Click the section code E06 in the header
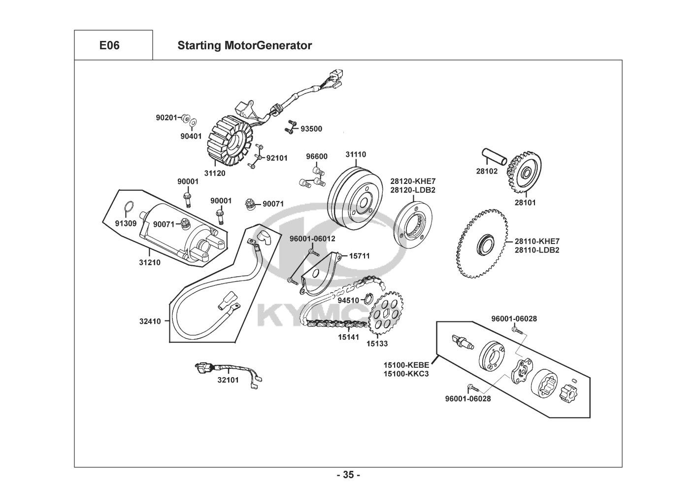109,45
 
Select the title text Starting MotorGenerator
244,45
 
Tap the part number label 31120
215,173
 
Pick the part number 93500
311,129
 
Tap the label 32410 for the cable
150,321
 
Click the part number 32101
228,380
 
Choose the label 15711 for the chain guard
359,256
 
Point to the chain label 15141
348,338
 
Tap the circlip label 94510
348,300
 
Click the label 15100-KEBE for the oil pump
406,365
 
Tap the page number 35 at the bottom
348,475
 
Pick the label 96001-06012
312,239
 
